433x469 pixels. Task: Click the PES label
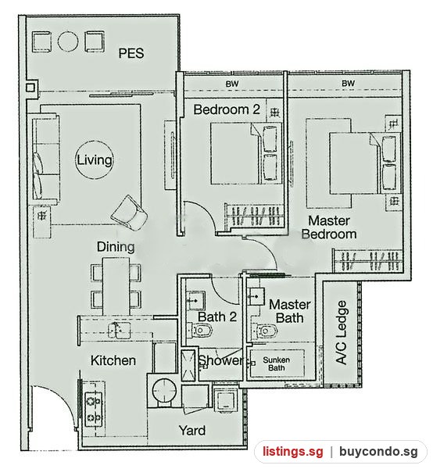pyautogui.click(x=131, y=53)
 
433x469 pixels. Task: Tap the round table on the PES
pyautogui.click(x=68, y=41)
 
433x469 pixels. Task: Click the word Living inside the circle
pyautogui.click(x=95, y=160)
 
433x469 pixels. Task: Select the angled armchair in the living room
pyautogui.click(x=129, y=213)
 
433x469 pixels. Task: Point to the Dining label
pyautogui.click(x=116, y=247)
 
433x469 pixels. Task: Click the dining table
pyautogui.click(x=116, y=286)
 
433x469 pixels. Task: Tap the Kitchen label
pyautogui.click(x=113, y=360)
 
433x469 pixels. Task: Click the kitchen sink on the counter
pyautogui.click(x=119, y=330)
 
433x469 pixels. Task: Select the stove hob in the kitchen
pyautogui.click(x=94, y=409)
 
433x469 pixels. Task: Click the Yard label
pyautogui.click(x=192, y=431)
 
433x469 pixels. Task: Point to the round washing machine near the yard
pyautogui.click(x=164, y=390)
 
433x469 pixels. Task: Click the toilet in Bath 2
pyautogui.click(x=200, y=331)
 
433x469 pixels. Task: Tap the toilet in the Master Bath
pyautogui.click(x=264, y=331)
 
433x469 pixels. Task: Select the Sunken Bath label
pyautogui.click(x=277, y=363)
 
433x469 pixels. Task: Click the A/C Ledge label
pyautogui.click(x=342, y=332)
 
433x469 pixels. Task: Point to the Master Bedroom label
pyautogui.click(x=329, y=227)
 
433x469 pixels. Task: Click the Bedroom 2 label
pyautogui.click(x=227, y=109)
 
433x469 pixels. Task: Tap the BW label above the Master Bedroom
pyautogui.click(x=349, y=83)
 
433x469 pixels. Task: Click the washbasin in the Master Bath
pyautogui.click(x=256, y=296)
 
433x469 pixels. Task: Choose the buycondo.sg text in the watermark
pyautogui.click(x=378, y=451)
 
